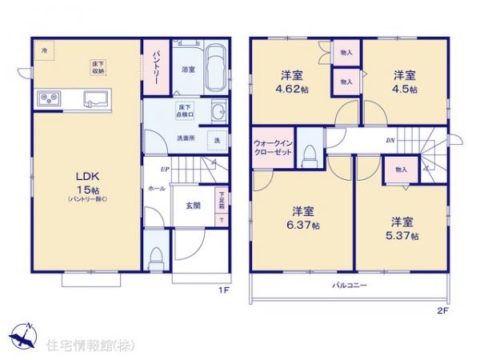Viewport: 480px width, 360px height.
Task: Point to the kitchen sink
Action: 96,100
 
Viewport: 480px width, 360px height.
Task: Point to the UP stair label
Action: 164,169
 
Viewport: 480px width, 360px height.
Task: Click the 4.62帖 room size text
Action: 291,90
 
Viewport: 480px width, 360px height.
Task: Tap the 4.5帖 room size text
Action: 404,89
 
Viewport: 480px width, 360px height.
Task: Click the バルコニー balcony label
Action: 350,285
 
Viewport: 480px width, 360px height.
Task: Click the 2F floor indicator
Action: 442,310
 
